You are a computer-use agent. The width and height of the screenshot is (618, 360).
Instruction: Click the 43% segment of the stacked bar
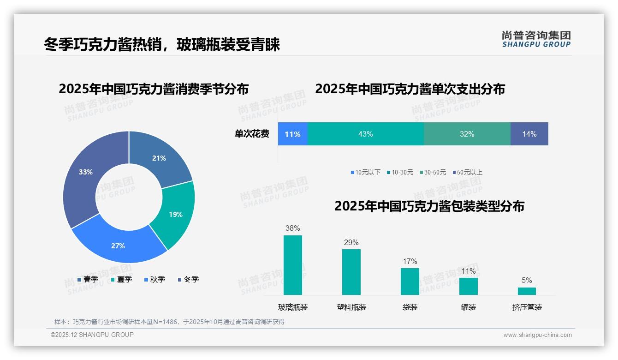pos(365,134)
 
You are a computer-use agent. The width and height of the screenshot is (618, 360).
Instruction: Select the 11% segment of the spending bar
pos(292,134)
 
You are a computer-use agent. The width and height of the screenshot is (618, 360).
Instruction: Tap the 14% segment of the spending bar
pos(529,134)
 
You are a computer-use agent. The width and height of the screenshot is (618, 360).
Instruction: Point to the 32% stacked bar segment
pos(467,134)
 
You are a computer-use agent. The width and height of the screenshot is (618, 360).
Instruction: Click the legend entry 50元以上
pos(467,172)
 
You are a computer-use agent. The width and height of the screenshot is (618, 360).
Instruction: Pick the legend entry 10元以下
pos(365,172)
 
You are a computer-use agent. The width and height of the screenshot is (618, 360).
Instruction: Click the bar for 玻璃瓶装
pos(293,265)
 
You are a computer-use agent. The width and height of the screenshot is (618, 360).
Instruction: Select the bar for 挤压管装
pos(527,291)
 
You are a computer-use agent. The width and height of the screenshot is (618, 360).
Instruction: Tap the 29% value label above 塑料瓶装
pos(351,242)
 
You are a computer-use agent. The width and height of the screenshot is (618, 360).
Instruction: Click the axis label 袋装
pos(410,307)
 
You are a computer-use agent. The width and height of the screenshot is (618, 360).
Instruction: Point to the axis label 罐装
pos(468,307)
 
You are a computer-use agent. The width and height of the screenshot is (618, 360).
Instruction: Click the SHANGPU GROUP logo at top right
pos(536,39)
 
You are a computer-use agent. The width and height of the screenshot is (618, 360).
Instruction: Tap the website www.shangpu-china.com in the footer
pos(537,335)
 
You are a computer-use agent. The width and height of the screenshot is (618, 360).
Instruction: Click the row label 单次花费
pos(252,134)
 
